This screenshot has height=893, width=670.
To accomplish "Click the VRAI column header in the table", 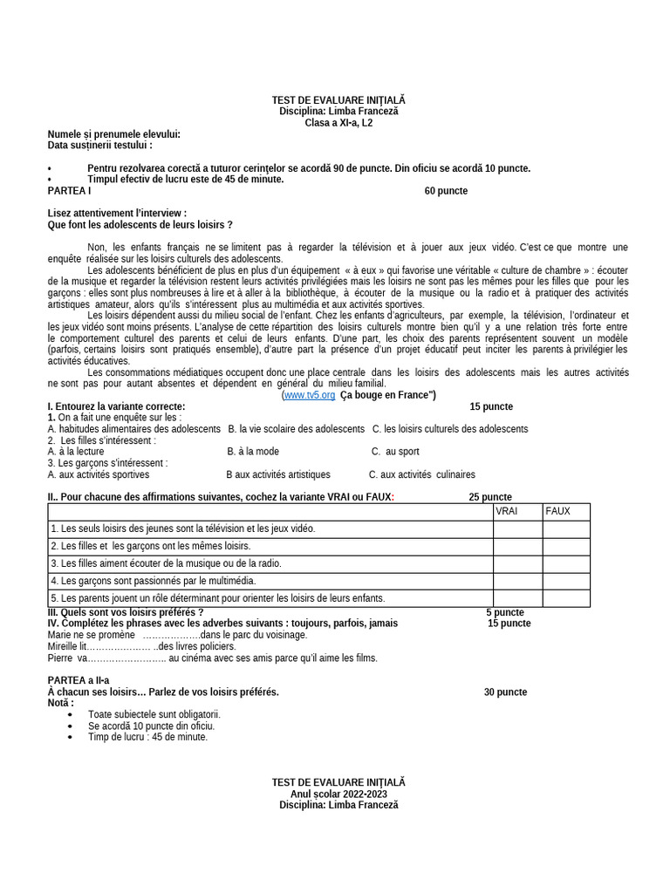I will [507, 511].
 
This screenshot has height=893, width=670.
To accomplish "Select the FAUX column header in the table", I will [557, 511].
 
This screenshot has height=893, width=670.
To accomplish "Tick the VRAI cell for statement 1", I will [517, 528].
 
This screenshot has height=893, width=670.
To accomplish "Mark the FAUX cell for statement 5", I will [566, 598].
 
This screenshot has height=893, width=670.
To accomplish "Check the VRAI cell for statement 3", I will [517, 563].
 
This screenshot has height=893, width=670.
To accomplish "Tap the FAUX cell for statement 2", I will [566, 546].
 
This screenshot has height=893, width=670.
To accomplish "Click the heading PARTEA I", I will [69, 191].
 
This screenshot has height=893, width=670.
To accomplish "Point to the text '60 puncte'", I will [446, 191].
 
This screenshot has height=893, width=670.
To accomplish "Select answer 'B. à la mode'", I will [253, 452].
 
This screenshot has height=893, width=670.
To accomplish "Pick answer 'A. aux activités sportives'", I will [99, 475].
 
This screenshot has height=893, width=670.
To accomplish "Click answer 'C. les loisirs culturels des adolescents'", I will [450, 429].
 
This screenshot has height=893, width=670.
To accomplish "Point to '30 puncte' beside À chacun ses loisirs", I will [505, 692].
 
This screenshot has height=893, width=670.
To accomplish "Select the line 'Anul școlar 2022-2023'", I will [338, 794].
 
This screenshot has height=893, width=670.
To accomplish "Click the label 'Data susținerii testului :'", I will [100, 146].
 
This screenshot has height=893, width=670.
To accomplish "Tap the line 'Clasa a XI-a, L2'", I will [338, 123].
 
